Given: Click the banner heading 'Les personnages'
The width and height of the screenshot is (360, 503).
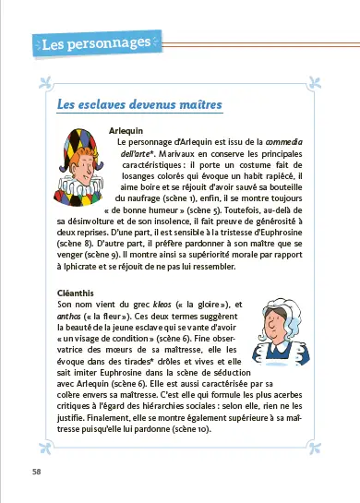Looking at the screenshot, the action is coord(95,43).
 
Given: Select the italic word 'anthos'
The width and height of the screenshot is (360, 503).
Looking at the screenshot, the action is coord(71,316).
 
